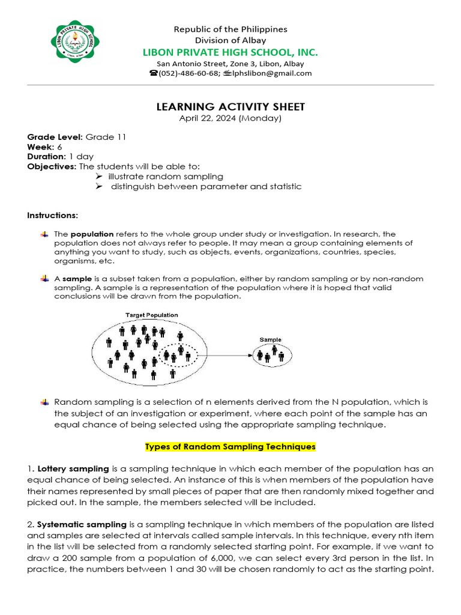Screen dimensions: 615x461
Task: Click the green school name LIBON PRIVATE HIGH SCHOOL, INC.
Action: [x=230, y=52]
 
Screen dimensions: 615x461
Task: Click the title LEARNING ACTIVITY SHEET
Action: [x=230, y=107]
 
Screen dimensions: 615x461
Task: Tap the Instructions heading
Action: [x=52, y=215]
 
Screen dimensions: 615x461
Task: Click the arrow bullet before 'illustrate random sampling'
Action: [x=99, y=177]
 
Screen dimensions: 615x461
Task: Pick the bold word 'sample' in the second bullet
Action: [x=76, y=279]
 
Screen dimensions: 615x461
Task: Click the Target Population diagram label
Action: [x=151, y=315]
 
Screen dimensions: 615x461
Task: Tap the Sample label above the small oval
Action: [x=270, y=340]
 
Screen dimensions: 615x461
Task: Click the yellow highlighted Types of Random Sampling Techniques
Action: [x=230, y=447]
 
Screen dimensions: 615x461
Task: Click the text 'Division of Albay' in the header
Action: [x=230, y=40]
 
